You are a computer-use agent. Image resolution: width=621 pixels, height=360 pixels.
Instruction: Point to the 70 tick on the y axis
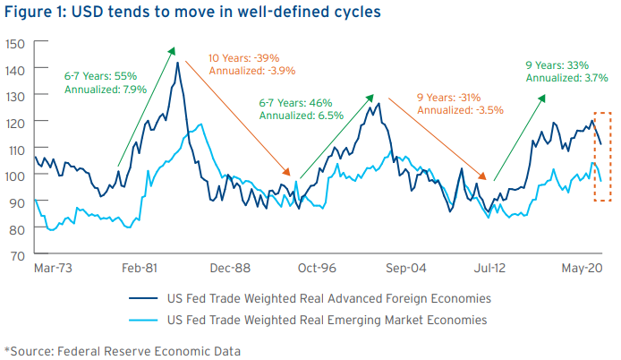pos(15,254)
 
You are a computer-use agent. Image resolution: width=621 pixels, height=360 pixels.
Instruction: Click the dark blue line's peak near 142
pos(177,63)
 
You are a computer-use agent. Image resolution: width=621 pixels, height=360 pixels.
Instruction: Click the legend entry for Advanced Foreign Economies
pos(328,297)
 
